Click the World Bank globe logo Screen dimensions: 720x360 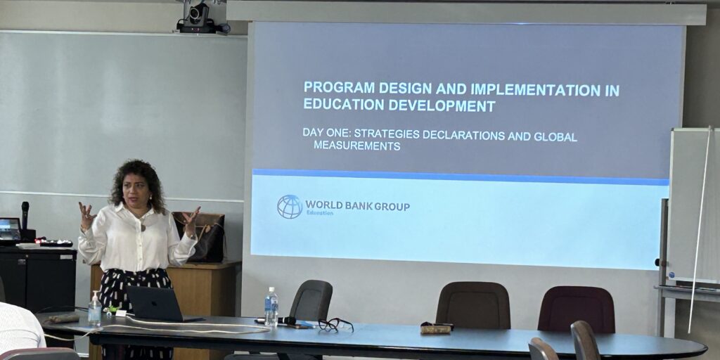[290, 207]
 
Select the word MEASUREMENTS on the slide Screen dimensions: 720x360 [356, 146]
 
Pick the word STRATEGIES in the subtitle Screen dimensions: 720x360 [387, 134]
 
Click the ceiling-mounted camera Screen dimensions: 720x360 [200, 18]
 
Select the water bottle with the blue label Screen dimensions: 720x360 [271, 307]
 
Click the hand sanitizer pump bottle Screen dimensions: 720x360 [95, 309]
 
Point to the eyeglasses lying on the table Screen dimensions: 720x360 [335, 325]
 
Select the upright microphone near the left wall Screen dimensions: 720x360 [25, 216]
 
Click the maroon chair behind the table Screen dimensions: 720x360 [576, 309]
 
